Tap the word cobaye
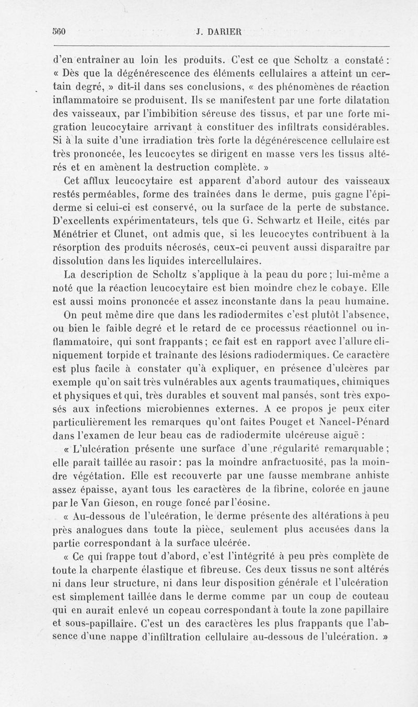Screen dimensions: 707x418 coord(339,287)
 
